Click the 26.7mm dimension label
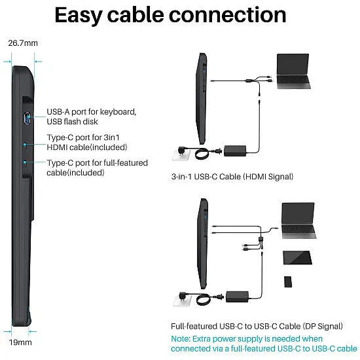pyautogui.click(x=23, y=43)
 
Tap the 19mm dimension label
pyautogui.click(x=20, y=342)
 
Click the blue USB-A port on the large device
pyautogui.click(x=27, y=118)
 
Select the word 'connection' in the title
pyautogui.click(x=228, y=15)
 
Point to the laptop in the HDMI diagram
pyautogui.click(x=293, y=71)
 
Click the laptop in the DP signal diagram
pyautogui.click(x=298, y=221)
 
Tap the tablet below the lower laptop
pyautogui.click(x=297, y=258)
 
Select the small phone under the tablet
pyautogui.click(x=288, y=281)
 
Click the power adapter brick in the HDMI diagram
pyautogui.click(x=235, y=151)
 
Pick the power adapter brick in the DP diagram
pyautogui.click(x=237, y=297)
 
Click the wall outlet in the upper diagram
pyautogui.click(x=181, y=154)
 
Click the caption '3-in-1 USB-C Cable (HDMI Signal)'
pyautogui.click(x=232, y=177)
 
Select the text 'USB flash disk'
pyautogui.click(x=72, y=122)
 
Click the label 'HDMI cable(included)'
pyautogui.click(x=87, y=147)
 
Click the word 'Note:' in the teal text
pyautogui.click(x=181, y=338)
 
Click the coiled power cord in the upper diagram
pyautogui.click(x=202, y=153)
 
